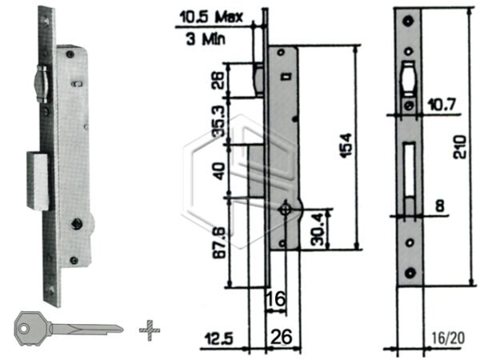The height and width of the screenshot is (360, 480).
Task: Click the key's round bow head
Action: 29,328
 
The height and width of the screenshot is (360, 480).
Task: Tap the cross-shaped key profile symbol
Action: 146,328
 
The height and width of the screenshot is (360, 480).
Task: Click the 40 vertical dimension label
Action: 220,170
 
